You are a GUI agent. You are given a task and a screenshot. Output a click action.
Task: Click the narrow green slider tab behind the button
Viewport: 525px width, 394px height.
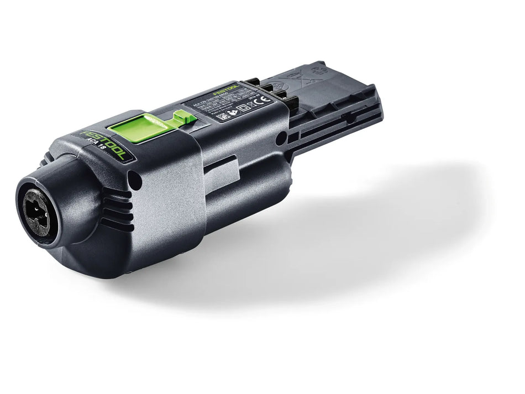tap(182, 117)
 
